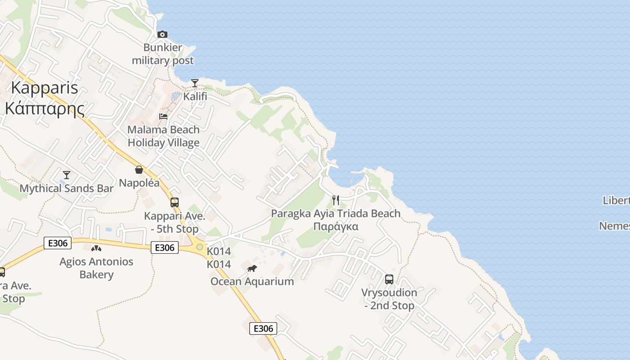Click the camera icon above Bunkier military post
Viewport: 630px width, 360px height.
tap(162, 34)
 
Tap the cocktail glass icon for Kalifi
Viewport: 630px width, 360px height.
tap(195, 83)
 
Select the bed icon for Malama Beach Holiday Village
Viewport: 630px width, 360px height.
tap(163, 116)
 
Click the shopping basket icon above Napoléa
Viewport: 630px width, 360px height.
tap(139, 170)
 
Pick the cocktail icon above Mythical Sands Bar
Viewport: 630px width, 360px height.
tap(67, 175)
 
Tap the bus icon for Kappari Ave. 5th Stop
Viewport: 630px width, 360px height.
tap(175, 202)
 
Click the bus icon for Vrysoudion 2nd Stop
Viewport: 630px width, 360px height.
tap(389, 279)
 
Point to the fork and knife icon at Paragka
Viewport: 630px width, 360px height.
tap(335, 200)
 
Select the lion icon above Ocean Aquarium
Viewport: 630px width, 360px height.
tap(252, 269)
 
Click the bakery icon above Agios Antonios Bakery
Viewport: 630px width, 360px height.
tap(96, 248)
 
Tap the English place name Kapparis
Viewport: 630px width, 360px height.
tap(44, 88)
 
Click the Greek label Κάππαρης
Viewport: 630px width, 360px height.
tap(44, 108)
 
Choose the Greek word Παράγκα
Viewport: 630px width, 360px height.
tap(336, 226)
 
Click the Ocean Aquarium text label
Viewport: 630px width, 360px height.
tap(252, 282)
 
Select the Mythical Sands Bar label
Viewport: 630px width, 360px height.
tap(67, 188)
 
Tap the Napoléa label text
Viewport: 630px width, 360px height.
tap(139, 183)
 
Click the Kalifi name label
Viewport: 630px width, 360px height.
tap(195, 96)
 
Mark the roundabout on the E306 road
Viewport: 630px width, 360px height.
tap(199, 247)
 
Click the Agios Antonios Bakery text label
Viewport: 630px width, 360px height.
tap(96, 268)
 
